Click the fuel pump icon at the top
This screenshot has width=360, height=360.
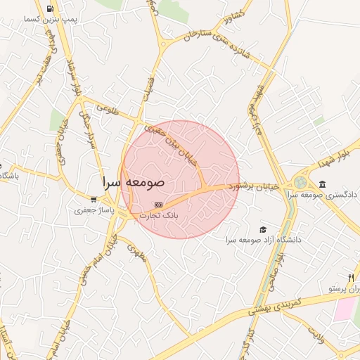coord(50,9)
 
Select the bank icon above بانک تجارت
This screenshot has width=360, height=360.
coord(158,205)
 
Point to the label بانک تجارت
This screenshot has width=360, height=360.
coord(162,216)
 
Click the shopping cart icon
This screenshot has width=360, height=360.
coord(94,200)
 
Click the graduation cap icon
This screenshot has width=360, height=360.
coord(263,229)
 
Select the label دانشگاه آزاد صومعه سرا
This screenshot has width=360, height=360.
coord(263,240)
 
